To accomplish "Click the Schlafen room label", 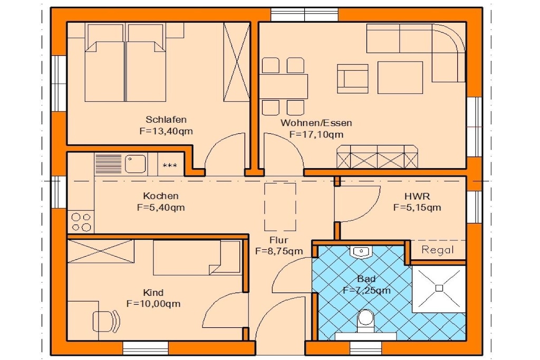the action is tap(166, 120).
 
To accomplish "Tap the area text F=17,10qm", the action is tap(316, 134).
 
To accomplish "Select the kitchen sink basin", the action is tap(136, 163).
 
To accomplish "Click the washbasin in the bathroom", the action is tap(361, 251).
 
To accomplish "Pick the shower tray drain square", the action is tap(439, 288).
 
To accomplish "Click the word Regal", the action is tap(437, 250).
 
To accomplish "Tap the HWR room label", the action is tap(417, 197).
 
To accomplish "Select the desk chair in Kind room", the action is tap(106, 321).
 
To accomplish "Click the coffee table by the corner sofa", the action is tap(400, 77).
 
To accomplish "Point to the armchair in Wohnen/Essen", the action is tap(353, 79).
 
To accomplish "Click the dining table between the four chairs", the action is tap(283, 86).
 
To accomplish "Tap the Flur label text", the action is tap(279, 240).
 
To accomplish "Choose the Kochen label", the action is tap(161, 196).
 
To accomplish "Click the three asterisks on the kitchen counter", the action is tap(170, 166).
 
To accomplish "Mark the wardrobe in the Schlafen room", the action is tap(236, 62).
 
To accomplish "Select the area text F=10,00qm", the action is tap(153, 304).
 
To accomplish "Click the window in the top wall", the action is tap(304, 15).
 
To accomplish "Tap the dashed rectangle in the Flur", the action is tap(280, 207).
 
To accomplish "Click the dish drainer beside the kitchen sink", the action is tap(108, 163).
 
